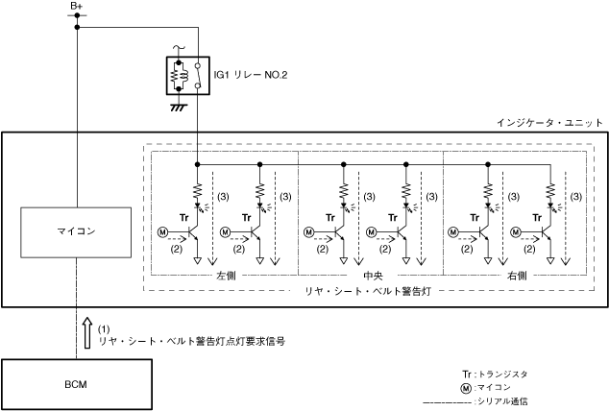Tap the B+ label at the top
[x=77, y=7]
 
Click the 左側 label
[x=227, y=275]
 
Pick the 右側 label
[x=516, y=275]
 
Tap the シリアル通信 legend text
[x=509, y=400]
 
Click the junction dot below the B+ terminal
[x=77, y=27]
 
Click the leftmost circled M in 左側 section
[x=162, y=231]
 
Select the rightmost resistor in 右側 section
[x=550, y=190]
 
